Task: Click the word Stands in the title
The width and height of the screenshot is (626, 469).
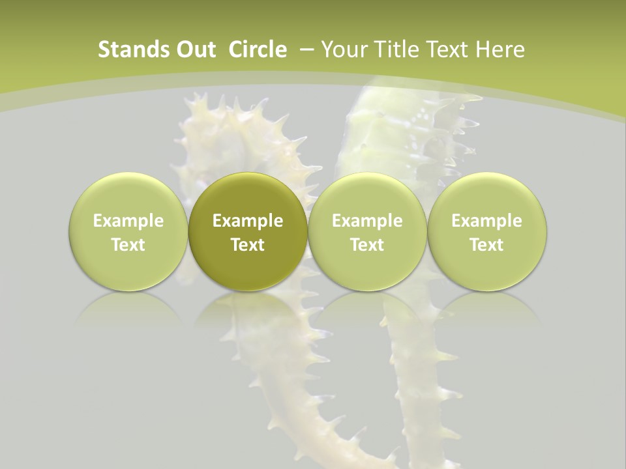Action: click(x=128, y=50)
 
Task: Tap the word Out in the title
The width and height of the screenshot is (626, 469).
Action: click(x=194, y=50)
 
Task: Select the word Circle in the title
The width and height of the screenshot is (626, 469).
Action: click(x=258, y=50)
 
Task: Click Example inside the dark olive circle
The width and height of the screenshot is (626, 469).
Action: click(x=248, y=221)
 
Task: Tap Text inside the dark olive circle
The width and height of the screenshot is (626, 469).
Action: click(x=248, y=245)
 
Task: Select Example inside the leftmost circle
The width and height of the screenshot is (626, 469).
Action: click(x=128, y=221)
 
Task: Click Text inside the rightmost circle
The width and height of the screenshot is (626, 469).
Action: click(x=486, y=245)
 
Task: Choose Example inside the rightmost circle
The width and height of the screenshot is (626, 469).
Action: click(x=486, y=221)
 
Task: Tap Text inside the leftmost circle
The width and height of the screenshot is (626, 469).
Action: click(x=128, y=245)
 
